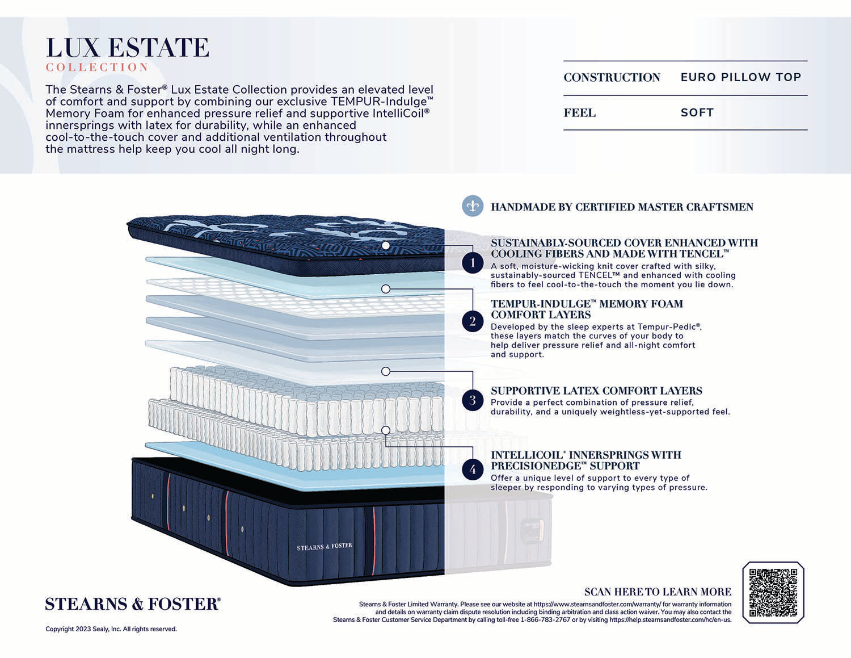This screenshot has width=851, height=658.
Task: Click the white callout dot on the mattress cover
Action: click(386, 245)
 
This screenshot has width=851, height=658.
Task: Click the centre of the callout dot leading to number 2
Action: click(386, 289)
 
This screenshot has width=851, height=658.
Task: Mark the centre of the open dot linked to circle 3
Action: click(386, 371)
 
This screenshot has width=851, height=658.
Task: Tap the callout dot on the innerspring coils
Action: click(386, 430)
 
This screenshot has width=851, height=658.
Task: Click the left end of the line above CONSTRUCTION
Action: click(563, 61)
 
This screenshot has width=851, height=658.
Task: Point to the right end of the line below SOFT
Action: click(807, 129)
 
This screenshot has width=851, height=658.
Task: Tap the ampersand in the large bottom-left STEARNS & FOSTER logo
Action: click(137, 604)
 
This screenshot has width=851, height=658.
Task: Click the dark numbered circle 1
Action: click(473, 262)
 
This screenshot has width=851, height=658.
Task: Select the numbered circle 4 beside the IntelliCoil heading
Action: click(473, 469)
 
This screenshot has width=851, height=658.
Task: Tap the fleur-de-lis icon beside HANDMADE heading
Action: click(473, 206)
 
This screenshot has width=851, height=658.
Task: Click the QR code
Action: click(773, 593)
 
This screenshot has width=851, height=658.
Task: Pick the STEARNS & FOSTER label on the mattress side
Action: click(325, 546)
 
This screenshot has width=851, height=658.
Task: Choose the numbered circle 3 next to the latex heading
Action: click(473, 400)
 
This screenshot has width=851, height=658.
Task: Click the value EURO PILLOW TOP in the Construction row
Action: click(741, 77)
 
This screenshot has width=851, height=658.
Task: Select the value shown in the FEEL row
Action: click(697, 113)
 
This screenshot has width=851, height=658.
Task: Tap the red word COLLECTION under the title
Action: click(97, 68)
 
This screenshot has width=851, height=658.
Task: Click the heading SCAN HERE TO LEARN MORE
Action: click(658, 592)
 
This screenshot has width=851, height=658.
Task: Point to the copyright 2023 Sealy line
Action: click(111, 629)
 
